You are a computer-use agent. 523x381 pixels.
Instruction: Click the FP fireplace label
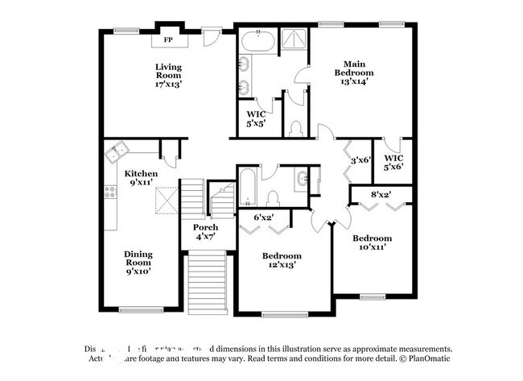[x=169, y=39]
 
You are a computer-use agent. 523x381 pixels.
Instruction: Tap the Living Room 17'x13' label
[x=168, y=75]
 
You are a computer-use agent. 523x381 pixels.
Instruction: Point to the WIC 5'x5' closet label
[x=257, y=119]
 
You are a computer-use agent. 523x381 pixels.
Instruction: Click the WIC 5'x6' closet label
[x=393, y=163]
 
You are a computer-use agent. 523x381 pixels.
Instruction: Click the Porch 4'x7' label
[x=205, y=233]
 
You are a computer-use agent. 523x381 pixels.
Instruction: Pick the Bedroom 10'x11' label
[x=372, y=243]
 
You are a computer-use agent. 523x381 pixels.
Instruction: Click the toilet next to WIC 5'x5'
[x=294, y=129]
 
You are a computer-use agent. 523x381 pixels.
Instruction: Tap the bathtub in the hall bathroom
[x=247, y=188]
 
